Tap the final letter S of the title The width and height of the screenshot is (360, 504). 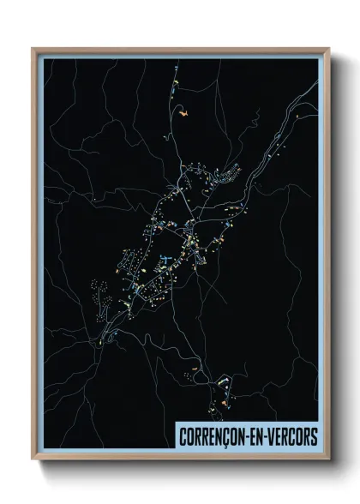click(313, 437)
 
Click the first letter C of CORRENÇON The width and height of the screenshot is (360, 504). click(182, 437)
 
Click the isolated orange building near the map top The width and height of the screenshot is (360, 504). click(183, 111)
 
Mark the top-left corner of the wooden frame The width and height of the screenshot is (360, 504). click(33, 49)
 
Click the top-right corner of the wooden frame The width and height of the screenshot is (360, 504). click(328, 49)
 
